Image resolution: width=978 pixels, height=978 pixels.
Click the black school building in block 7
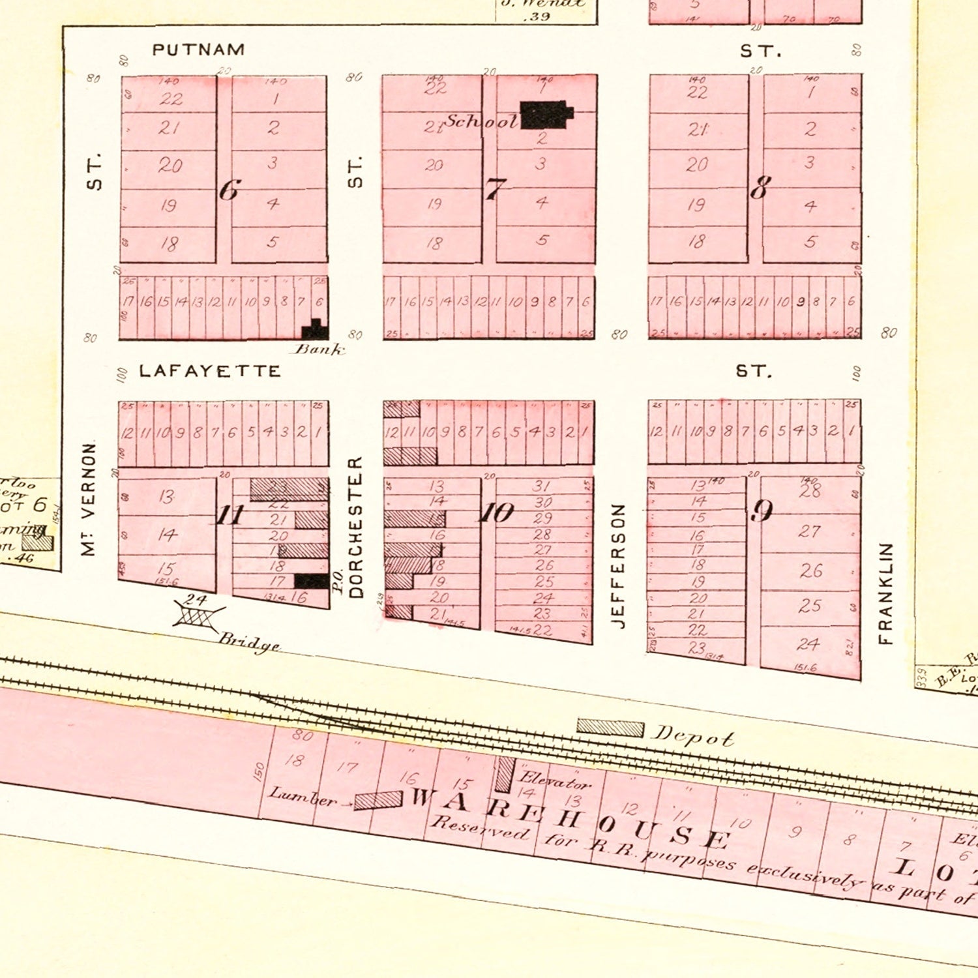545,114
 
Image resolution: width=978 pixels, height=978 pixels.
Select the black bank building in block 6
315,330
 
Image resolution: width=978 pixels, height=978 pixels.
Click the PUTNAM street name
198,50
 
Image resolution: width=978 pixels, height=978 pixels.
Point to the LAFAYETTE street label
210,371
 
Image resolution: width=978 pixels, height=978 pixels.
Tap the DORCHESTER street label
355,527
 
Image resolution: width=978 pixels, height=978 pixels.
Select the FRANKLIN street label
885,593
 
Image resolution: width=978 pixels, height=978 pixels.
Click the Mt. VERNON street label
89,499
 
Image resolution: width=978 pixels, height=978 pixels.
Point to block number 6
229,190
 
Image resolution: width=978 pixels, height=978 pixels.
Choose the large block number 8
758,189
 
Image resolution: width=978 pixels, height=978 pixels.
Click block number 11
229,515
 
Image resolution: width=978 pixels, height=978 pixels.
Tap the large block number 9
762,511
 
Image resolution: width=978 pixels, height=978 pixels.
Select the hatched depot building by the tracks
610,728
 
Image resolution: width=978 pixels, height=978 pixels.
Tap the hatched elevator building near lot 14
504,774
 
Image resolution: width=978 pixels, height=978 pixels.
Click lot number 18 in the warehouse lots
295,760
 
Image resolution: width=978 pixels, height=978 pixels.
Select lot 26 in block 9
811,571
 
